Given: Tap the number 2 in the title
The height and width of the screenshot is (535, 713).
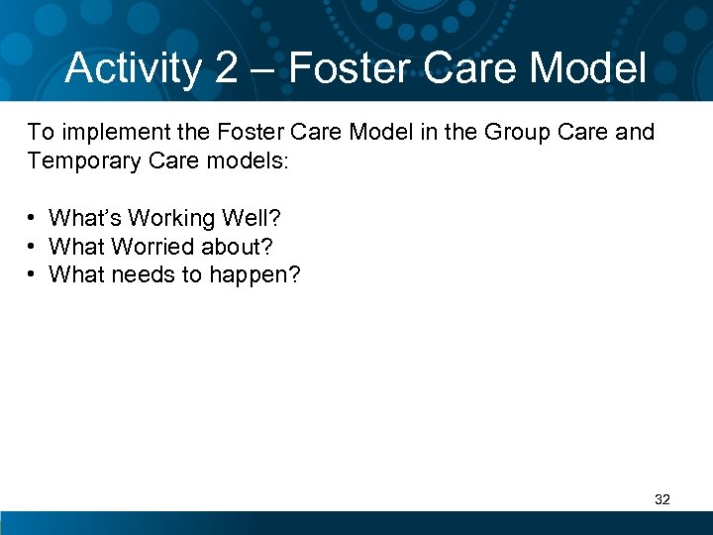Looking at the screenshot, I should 224,68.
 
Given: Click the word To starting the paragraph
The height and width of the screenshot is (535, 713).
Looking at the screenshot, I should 40,132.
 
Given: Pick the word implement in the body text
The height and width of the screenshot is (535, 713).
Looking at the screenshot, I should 106,132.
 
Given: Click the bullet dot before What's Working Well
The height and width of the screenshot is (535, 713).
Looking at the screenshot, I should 34,218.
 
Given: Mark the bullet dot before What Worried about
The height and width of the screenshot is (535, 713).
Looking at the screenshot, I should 34,246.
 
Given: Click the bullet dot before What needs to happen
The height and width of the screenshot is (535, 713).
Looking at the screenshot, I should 34,273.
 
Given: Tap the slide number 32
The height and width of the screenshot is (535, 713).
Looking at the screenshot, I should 662,499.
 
